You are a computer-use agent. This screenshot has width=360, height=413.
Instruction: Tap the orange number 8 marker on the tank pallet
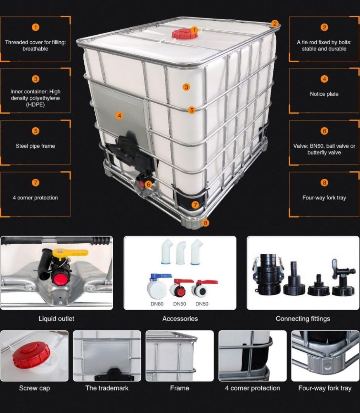pyautogui.click(x=206, y=223)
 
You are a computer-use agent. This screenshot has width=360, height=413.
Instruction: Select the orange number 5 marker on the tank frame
pyautogui.click(x=192, y=110)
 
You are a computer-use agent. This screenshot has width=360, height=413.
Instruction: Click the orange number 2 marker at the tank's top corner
pyautogui.click(x=275, y=24)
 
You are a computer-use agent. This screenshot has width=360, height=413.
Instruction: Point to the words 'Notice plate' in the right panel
pyautogui.click(x=324, y=94)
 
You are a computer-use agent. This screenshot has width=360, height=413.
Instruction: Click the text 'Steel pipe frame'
pyautogui.click(x=35, y=146)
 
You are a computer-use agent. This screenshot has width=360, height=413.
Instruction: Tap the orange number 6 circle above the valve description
pyautogui.click(x=324, y=131)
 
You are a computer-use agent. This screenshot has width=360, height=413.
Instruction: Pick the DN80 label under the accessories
pyautogui.click(x=157, y=304)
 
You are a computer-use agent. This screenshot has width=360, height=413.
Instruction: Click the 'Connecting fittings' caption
pyautogui.click(x=303, y=319)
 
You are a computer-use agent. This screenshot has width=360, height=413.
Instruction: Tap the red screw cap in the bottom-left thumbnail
pyautogui.click(x=31, y=356)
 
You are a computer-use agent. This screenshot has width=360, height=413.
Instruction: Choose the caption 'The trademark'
pyautogui.click(x=107, y=388)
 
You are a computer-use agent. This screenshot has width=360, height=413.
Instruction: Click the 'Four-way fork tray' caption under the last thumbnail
pyautogui.click(x=325, y=388)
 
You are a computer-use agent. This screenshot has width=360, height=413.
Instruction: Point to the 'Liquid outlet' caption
pyautogui.click(x=57, y=319)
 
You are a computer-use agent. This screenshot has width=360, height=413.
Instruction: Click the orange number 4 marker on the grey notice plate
pyautogui.click(x=119, y=115)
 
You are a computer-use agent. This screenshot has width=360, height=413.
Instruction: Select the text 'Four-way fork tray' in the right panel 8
pyautogui.click(x=324, y=197)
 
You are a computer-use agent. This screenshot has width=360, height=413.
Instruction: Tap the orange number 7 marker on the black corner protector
pyautogui.click(x=195, y=205)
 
